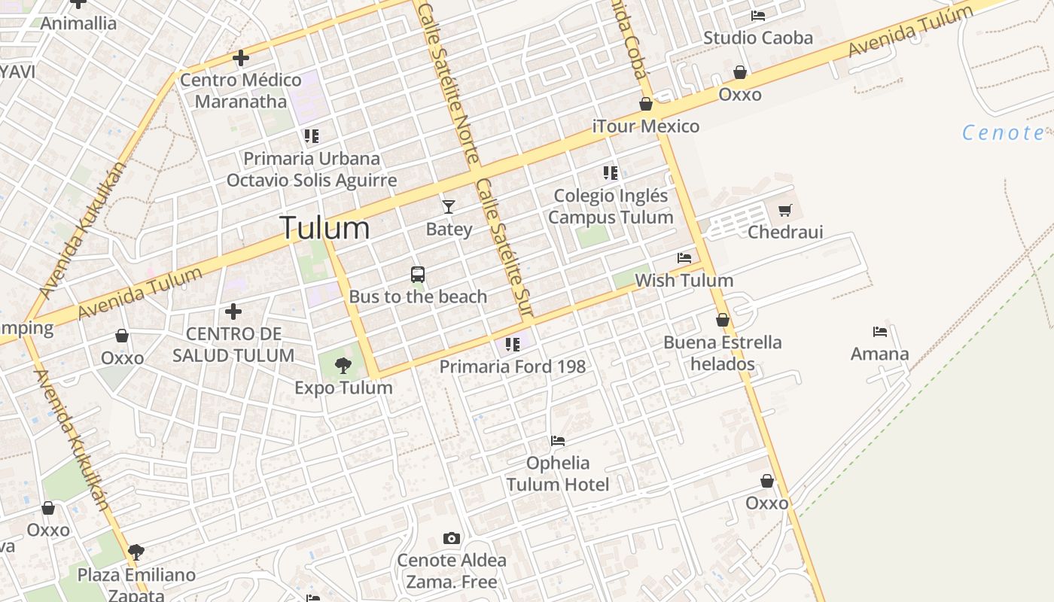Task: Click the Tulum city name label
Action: pyautogui.click(x=324, y=228)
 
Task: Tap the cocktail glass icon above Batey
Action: pyautogui.click(x=449, y=206)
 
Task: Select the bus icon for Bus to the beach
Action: pyautogui.click(x=418, y=275)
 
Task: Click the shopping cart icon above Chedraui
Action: pyautogui.click(x=785, y=210)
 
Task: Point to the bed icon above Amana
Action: pyautogui.click(x=879, y=331)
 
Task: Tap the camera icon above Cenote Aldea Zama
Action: pyautogui.click(x=452, y=538)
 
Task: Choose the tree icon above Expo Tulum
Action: pyautogui.click(x=343, y=366)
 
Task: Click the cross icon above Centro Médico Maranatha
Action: pyautogui.click(x=241, y=57)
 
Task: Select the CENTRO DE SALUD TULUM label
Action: pyautogui.click(x=233, y=345)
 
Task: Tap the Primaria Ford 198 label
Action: pyautogui.click(x=513, y=367)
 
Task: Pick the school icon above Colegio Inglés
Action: pyautogui.click(x=611, y=173)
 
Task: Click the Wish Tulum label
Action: pyautogui.click(x=684, y=281)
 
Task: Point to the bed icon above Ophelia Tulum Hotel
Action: pyautogui.click(x=558, y=440)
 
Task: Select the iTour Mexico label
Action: pyautogui.click(x=646, y=126)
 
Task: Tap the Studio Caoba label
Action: pyautogui.click(x=758, y=38)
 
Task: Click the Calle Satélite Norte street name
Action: pyautogui.click(x=449, y=83)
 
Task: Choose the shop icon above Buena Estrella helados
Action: pyautogui.click(x=723, y=320)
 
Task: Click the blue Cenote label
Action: pyautogui.click(x=1003, y=133)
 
